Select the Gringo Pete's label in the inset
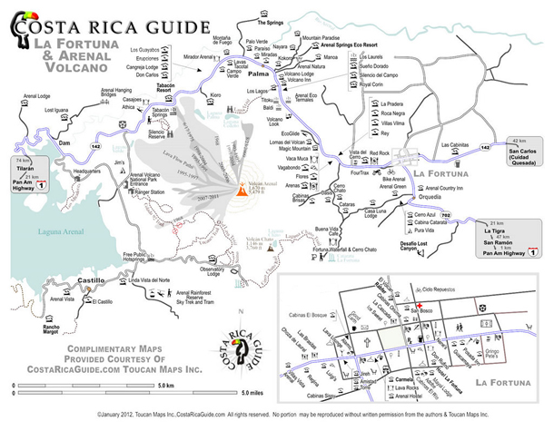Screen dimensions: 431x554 pos(523,351)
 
